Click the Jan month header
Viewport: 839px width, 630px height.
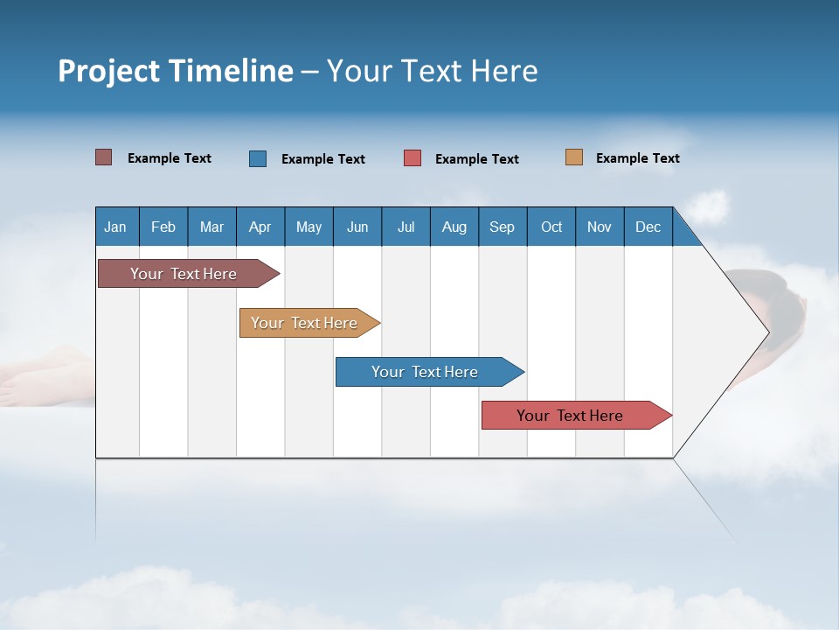tap(116, 227)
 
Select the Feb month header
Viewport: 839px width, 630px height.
tap(163, 227)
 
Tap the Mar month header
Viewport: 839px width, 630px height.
tap(211, 227)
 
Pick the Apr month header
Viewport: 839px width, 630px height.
tap(260, 227)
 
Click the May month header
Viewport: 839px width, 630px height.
tap(309, 227)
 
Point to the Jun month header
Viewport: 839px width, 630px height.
tap(357, 227)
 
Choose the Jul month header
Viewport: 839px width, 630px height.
tap(406, 227)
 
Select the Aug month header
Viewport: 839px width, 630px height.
tap(454, 227)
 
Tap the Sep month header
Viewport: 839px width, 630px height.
tap(503, 227)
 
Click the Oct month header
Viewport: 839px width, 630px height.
tap(551, 227)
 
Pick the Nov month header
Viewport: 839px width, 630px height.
tap(600, 227)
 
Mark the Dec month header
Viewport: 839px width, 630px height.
tap(648, 227)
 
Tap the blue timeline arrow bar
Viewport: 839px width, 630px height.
tap(426, 372)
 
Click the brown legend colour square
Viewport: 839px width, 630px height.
tap(104, 157)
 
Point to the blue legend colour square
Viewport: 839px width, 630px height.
tap(258, 158)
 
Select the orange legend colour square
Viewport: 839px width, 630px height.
tap(574, 157)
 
